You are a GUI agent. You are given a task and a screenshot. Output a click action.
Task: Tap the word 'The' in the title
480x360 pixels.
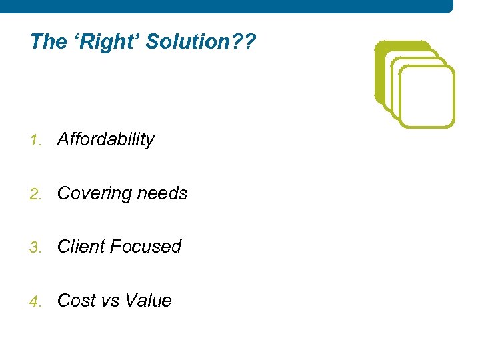[48, 42]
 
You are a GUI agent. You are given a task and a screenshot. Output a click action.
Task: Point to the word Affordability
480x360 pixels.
[106, 139]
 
